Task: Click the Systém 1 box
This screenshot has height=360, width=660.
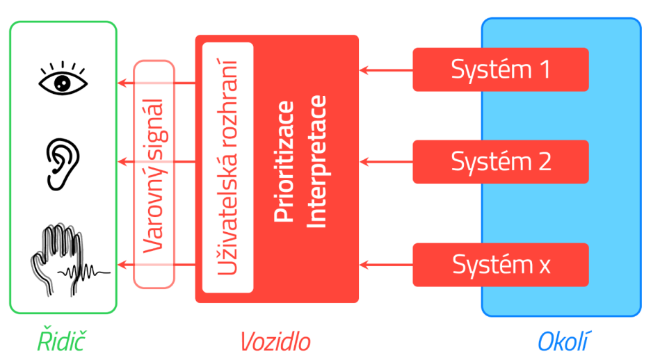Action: pyautogui.click(x=501, y=69)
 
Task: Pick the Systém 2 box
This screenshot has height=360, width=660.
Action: pyautogui.click(x=501, y=162)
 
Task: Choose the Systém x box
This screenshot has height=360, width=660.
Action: pyautogui.click(x=501, y=265)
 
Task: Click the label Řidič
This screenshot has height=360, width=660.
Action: pyautogui.click(x=63, y=341)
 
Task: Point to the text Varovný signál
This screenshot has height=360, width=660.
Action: pyautogui.click(x=153, y=174)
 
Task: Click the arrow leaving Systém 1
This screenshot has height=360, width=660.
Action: pyautogui.click(x=386, y=69)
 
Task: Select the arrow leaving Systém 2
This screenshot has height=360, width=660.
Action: pyautogui.click(x=386, y=162)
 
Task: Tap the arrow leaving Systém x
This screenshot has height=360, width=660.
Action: pyautogui.click(x=386, y=265)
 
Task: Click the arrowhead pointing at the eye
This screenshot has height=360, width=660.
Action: pyautogui.click(x=121, y=83)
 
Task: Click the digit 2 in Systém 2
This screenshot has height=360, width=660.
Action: pyautogui.click(x=543, y=162)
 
